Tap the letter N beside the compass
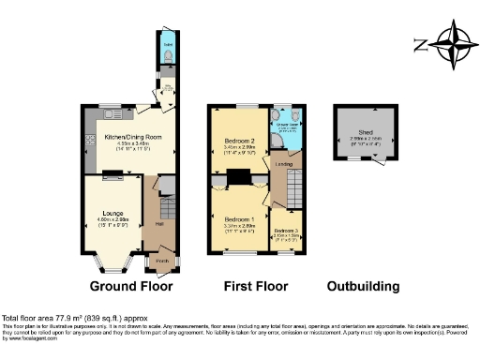tap(419, 43)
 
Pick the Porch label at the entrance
tap(161, 262)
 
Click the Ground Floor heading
tap(130, 286)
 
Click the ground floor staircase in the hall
tap(168, 208)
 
